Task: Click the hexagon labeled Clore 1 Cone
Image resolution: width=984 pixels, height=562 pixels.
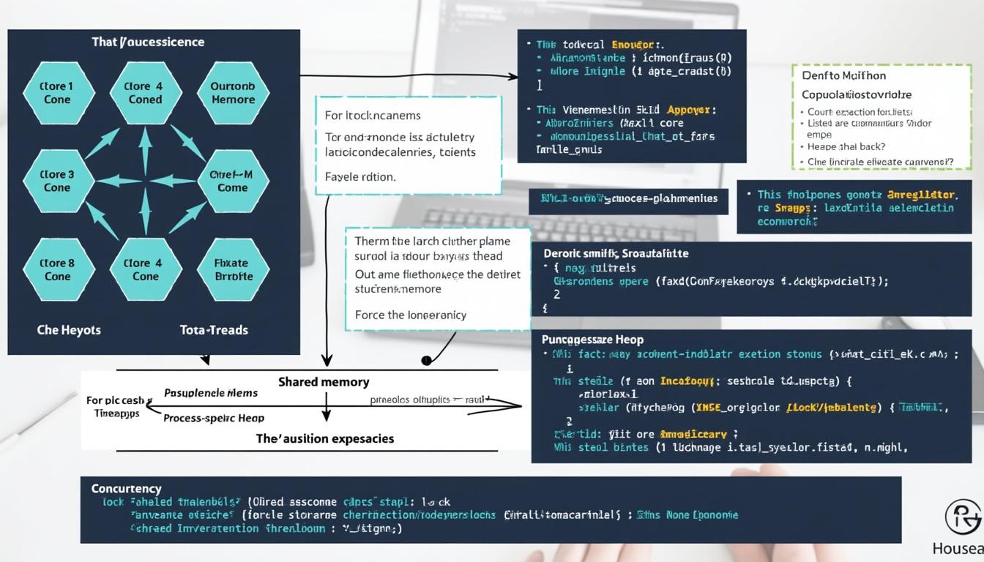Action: tap(58, 93)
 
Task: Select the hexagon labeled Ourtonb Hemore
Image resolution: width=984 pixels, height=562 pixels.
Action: tap(233, 93)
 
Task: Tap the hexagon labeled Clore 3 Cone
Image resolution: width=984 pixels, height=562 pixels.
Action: tap(58, 181)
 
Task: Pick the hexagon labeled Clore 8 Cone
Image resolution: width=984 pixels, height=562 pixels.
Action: tap(58, 269)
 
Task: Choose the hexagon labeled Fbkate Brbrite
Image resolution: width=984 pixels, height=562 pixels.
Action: tap(233, 269)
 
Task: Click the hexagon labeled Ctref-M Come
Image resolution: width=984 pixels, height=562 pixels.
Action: tap(233, 181)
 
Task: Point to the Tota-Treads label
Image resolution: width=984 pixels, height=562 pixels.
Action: tap(214, 330)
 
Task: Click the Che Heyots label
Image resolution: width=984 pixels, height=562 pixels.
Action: tap(69, 330)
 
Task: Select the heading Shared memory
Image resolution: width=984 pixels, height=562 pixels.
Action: tap(324, 382)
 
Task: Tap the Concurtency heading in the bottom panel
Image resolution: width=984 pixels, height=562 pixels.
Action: tap(126, 488)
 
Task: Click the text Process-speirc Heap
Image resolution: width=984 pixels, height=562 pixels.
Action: tap(214, 418)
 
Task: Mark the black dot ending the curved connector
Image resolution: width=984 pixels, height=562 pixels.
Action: tap(425, 360)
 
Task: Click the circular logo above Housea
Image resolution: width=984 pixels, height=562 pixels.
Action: tap(963, 517)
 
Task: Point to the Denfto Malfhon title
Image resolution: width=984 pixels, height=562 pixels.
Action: tap(843, 75)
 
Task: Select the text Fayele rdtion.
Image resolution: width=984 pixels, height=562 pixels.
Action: tap(359, 176)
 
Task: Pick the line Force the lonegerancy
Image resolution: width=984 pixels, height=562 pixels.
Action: tap(410, 315)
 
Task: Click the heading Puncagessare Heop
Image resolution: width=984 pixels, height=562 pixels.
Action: tap(592, 340)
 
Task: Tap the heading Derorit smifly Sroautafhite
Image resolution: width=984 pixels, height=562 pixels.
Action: tap(616, 253)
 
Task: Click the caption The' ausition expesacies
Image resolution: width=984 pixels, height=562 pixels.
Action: tap(324, 438)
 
